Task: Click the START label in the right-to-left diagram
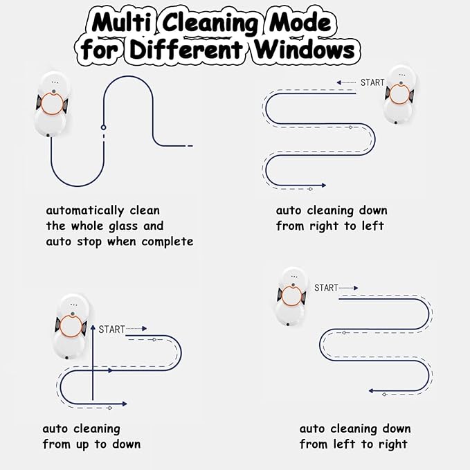click(372, 82)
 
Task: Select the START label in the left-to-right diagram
click(326, 288)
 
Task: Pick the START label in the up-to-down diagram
click(111, 329)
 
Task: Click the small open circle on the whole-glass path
click(104, 127)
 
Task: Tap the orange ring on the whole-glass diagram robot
click(52, 103)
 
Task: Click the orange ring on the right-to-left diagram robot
click(399, 93)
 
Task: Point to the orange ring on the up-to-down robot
click(71, 326)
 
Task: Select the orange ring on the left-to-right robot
click(291, 296)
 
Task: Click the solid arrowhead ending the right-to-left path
click(324, 186)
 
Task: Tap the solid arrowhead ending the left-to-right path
click(371, 391)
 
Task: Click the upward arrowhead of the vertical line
click(93, 327)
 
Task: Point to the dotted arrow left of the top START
click(346, 82)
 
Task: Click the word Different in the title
click(186, 48)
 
